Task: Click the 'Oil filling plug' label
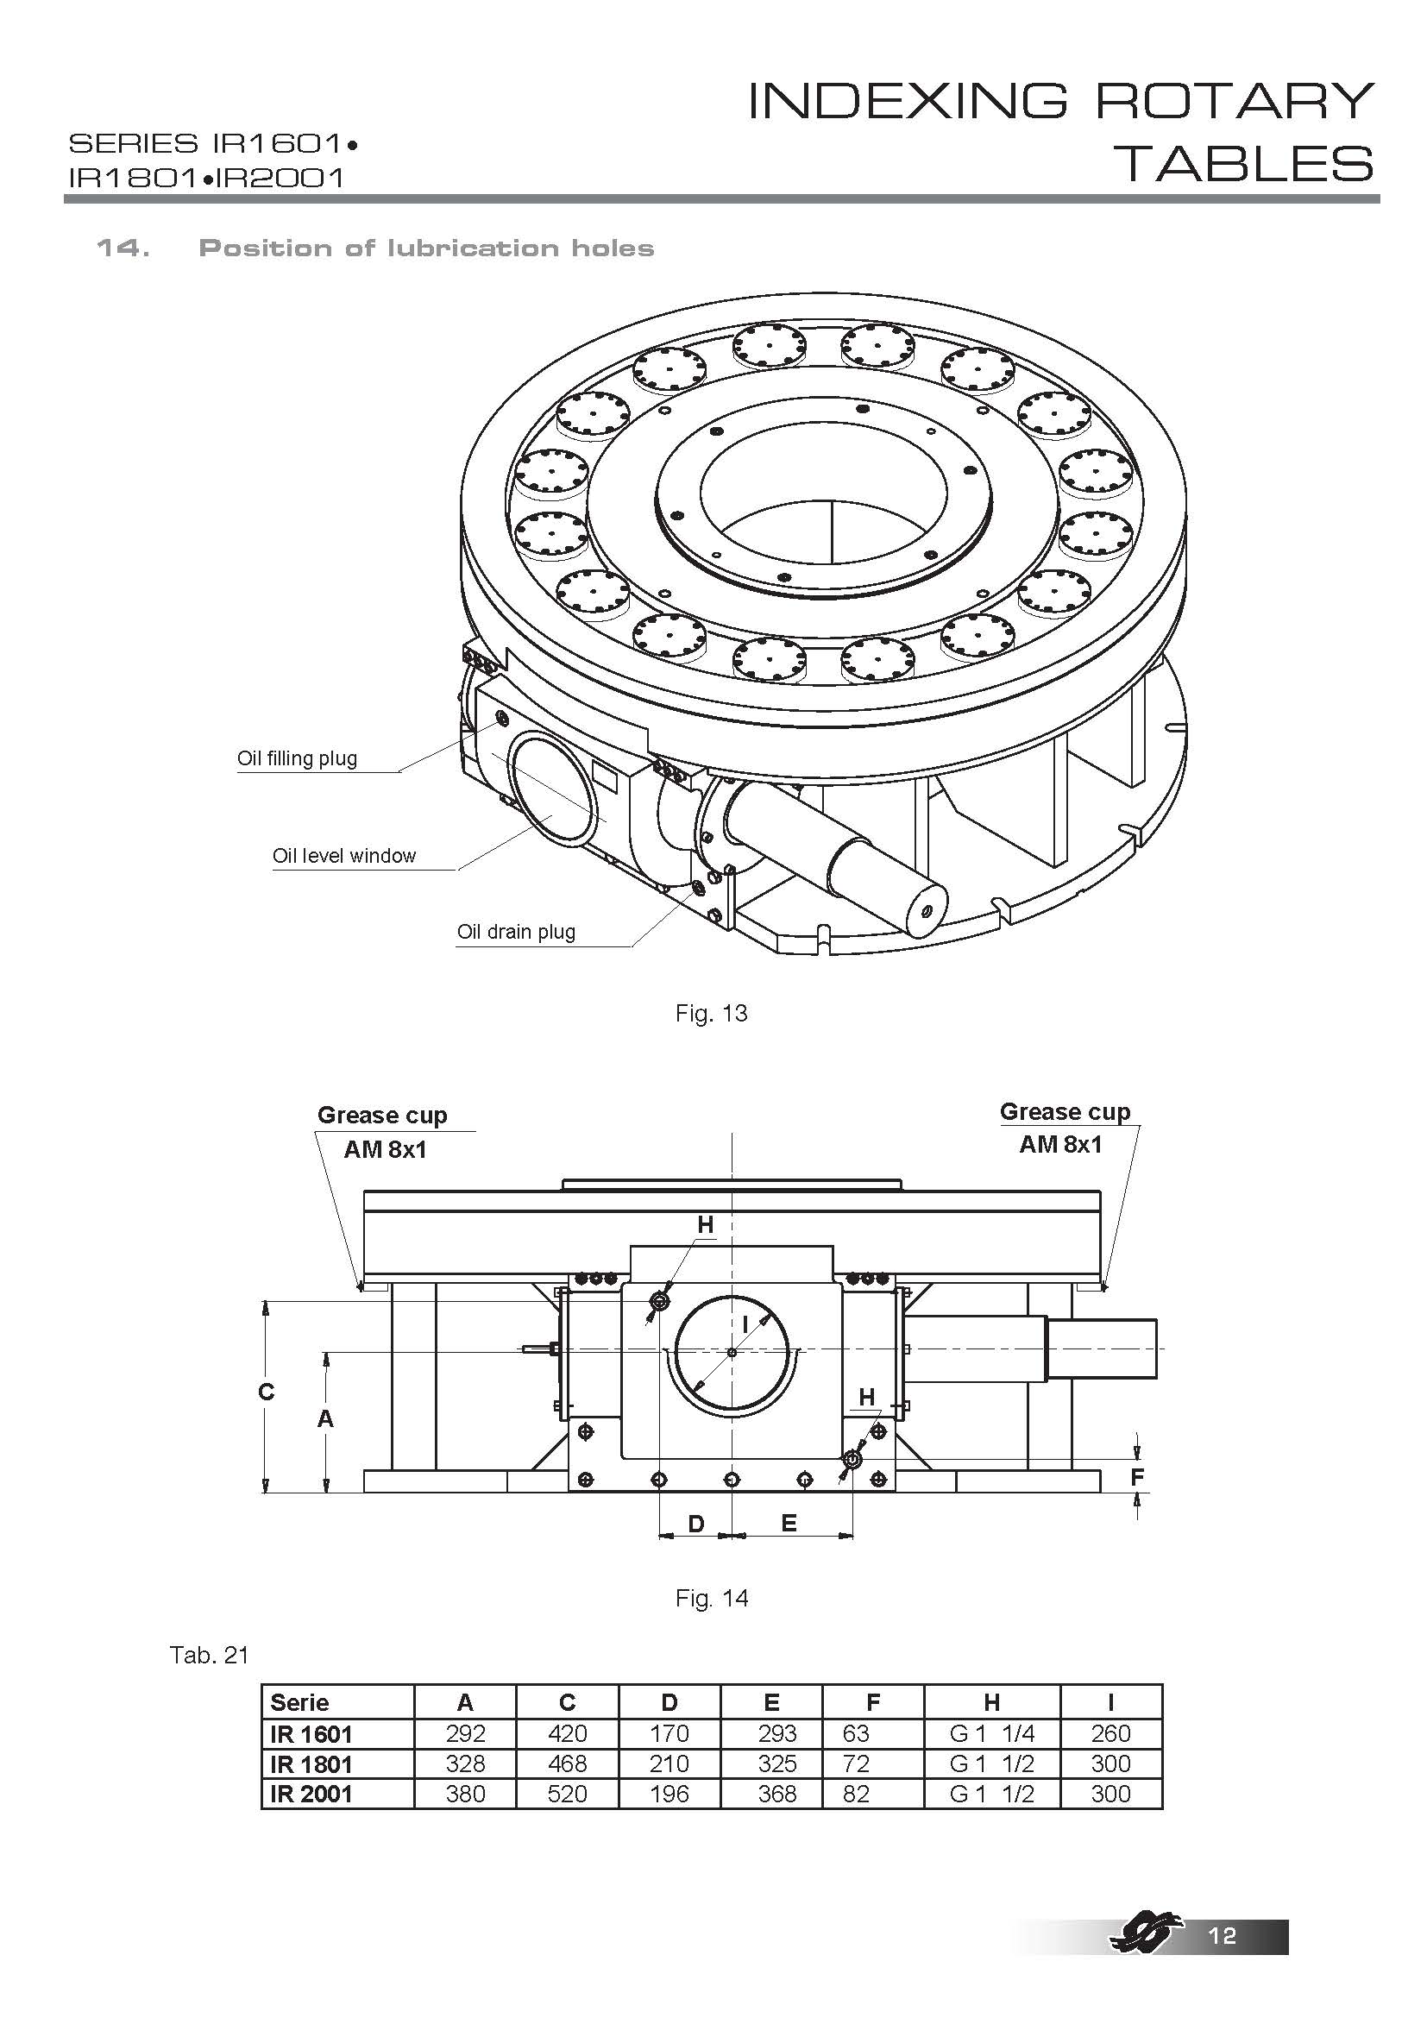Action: pos(297,758)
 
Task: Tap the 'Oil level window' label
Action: pos(343,856)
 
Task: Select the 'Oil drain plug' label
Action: pos(516,932)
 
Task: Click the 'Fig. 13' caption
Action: pos(711,1014)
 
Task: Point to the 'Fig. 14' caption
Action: pos(711,1598)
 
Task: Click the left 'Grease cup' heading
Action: pos(381,1116)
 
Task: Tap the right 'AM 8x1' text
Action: pos(1059,1144)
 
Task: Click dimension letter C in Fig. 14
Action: pos(267,1392)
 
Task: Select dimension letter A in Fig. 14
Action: pos(325,1418)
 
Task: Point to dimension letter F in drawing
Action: pos(1137,1477)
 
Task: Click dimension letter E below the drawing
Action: pos(789,1524)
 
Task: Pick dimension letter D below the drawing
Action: pos(695,1524)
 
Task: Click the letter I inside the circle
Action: pos(745,1323)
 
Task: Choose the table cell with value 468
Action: pos(567,1764)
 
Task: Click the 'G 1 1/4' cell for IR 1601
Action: pos(991,1733)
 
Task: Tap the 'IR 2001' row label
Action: pos(311,1794)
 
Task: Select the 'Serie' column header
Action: pos(299,1702)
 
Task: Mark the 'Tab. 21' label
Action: pos(209,1656)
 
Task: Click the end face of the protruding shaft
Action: pos(925,911)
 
